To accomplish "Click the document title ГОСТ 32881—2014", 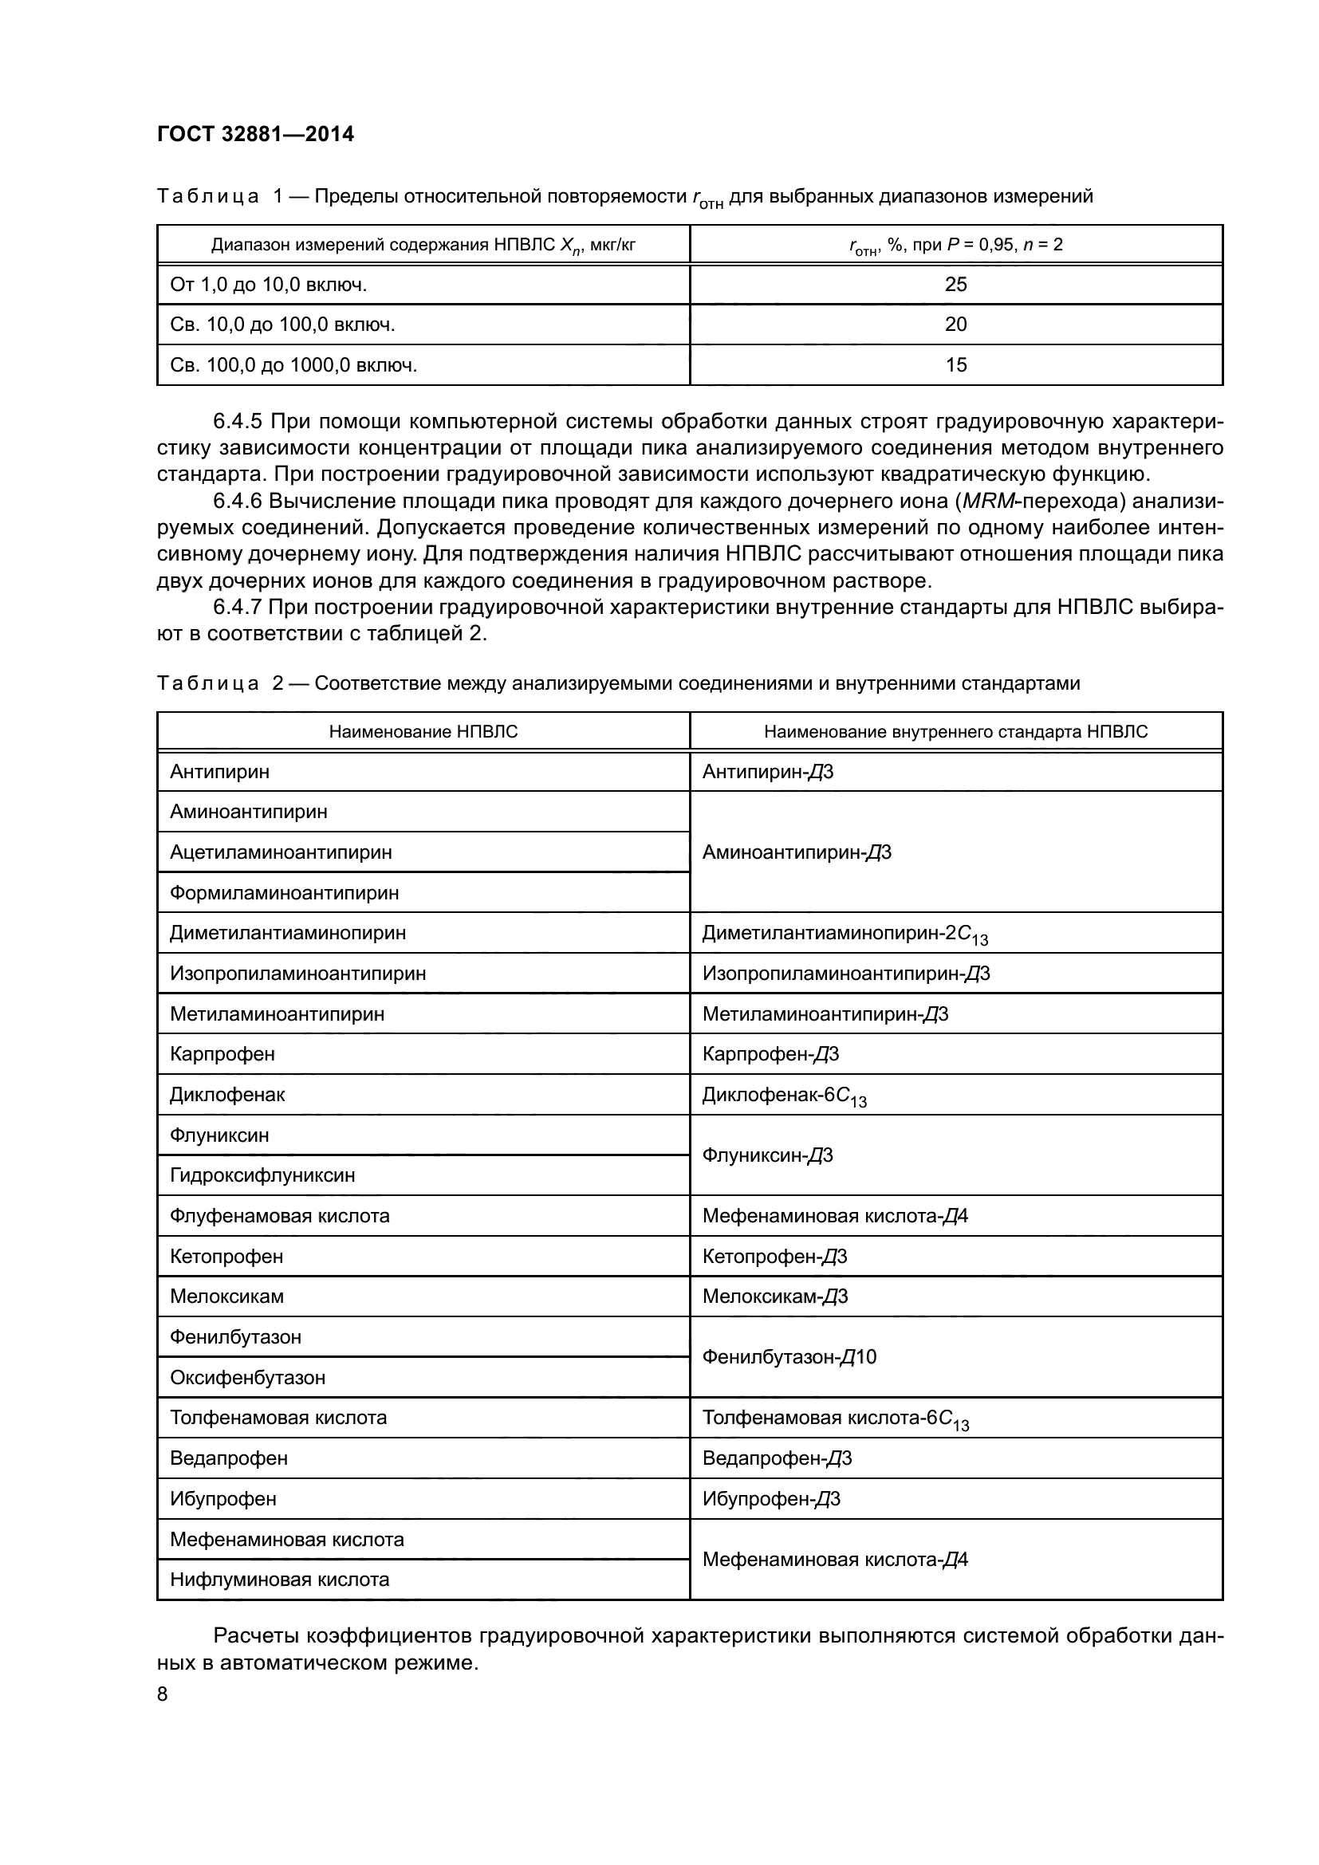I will [x=255, y=134].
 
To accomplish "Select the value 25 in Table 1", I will [x=955, y=285].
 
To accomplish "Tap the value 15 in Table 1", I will [x=955, y=364].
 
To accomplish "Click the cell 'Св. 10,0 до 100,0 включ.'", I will [x=282, y=325].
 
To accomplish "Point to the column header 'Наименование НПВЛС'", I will [x=423, y=732].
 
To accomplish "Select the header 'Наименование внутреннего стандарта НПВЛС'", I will [x=955, y=732].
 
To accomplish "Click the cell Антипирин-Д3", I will [x=767, y=772].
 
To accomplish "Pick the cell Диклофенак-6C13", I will [x=784, y=1095].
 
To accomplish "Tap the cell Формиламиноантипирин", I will [x=284, y=893].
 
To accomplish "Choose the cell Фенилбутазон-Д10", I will [x=789, y=1356].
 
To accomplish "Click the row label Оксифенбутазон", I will [x=248, y=1377].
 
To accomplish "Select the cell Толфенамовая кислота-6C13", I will [x=835, y=1418].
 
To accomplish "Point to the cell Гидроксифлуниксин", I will [x=262, y=1175].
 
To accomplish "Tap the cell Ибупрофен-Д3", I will [x=771, y=1499].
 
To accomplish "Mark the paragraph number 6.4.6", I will [x=237, y=502].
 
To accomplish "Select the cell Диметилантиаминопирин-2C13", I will [x=845, y=934].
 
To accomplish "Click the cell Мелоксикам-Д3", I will [x=775, y=1296].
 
